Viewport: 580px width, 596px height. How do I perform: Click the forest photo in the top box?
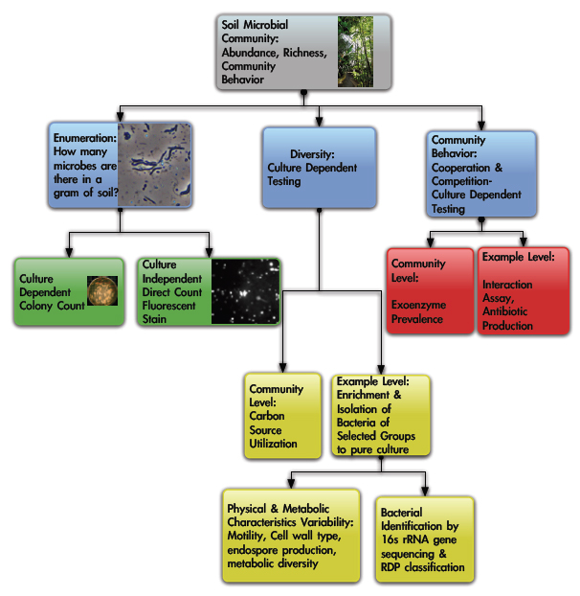pyautogui.click(x=355, y=51)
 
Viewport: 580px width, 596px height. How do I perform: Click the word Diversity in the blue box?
pyautogui.click(x=312, y=154)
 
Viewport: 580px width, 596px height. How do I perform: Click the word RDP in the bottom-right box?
pyautogui.click(x=392, y=568)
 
